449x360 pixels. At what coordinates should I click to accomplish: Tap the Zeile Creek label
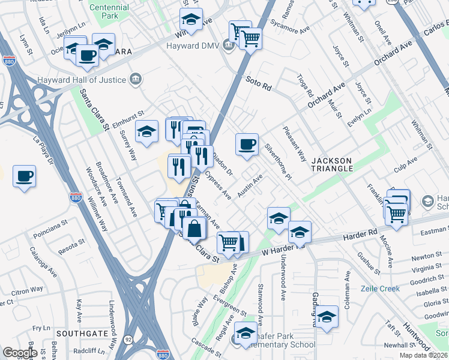tap(380, 289)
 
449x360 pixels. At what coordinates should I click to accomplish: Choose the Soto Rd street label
tap(259, 83)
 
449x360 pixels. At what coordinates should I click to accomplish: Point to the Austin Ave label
tap(250, 185)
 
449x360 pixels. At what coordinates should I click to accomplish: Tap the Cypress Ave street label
tap(218, 186)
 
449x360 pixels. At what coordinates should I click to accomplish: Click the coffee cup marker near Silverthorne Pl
tap(247, 145)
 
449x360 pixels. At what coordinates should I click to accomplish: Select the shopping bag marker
tap(194, 229)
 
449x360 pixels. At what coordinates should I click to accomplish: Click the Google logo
tap(20, 352)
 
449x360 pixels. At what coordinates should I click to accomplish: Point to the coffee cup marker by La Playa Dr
tap(24, 176)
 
